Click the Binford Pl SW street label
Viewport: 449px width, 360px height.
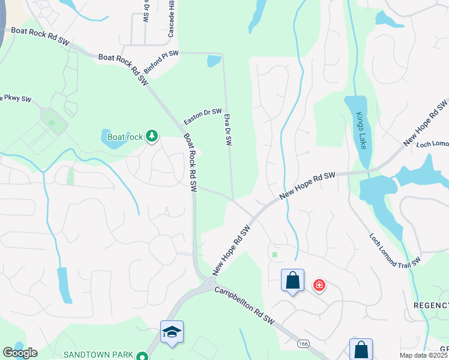[x=161, y=62]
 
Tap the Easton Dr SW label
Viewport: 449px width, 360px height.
[x=203, y=115]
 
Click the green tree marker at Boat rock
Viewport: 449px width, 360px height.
[x=152, y=137]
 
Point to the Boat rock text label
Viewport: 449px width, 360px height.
[x=125, y=137]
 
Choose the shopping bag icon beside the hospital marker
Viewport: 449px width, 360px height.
[x=292, y=280]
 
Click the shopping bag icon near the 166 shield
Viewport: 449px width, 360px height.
[x=361, y=349]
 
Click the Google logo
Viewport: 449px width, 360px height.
[x=20, y=353]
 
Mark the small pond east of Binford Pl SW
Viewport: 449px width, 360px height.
[x=213, y=61]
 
